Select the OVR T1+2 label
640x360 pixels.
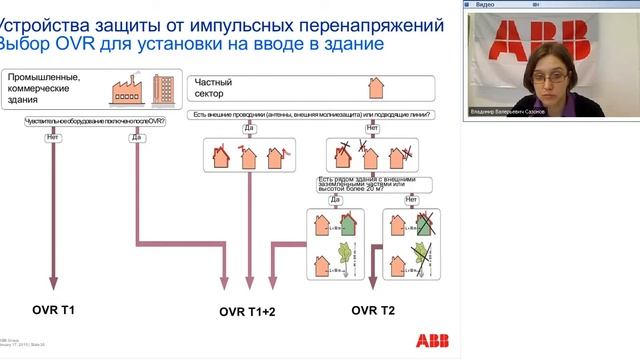tap(247, 312)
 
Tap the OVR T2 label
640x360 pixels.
tap(373, 311)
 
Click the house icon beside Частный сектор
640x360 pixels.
tap(376, 88)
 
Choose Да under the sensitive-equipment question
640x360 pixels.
tap(137, 137)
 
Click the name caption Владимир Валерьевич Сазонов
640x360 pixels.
tap(514, 113)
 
